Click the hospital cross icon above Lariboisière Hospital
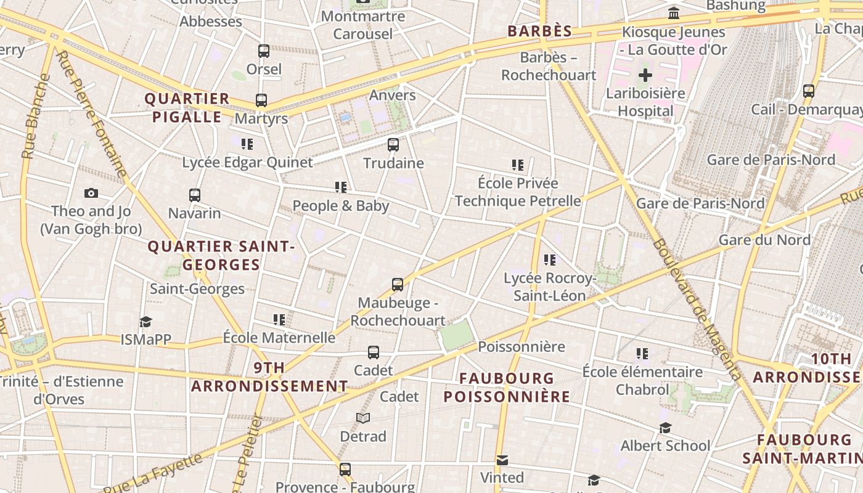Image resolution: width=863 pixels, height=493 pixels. click(x=645, y=76)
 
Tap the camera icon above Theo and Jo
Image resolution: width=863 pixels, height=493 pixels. click(x=91, y=194)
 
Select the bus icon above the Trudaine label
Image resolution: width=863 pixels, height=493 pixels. click(x=393, y=145)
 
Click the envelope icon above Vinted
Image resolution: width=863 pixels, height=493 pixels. click(x=502, y=460)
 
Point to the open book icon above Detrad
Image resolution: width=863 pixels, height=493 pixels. click(x=363, y=418)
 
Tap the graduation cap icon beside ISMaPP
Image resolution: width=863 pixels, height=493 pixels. click(x=145, y=322)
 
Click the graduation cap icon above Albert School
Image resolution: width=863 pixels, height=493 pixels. click(x=665, y=428)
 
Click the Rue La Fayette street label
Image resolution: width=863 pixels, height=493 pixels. click(x=159, y=473)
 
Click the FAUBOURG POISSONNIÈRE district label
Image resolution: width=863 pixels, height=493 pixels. click(x=507, y=387)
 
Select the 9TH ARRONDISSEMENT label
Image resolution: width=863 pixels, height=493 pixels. click(x=269, y=377)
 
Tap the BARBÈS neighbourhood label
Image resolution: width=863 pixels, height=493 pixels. click(x=540, y=31)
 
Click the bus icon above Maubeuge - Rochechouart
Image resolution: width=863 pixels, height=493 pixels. click(x=398, y=285)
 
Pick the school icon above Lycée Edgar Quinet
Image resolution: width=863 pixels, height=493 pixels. click(x=247, y=144)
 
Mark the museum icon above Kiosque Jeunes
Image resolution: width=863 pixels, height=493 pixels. click(x=674, y=13)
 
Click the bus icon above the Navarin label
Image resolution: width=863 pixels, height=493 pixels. click(x=195, y=195)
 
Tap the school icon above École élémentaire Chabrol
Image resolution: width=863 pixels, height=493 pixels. click(x=642, y=354)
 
